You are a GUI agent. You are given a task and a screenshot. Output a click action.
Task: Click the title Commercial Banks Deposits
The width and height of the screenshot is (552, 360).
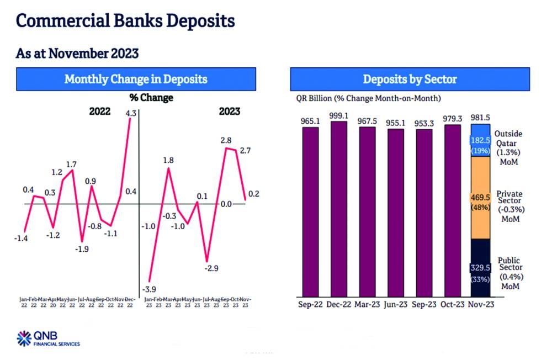[x=125, y=21]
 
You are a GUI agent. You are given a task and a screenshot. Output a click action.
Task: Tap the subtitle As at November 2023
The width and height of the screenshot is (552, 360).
[x=77, y=53]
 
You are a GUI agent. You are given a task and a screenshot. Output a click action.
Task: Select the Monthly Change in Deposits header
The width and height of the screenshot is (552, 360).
[x=136, y=79]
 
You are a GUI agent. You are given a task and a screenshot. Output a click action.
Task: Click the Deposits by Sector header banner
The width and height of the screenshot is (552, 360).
[x=410, y=79]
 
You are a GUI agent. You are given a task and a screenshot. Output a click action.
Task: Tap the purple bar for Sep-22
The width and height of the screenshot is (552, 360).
[x=311, y=213]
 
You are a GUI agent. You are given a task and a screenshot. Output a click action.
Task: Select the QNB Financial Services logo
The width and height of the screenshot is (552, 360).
[x=48, y=338]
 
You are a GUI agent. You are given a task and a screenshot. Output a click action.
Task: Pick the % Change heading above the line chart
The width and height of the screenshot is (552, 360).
[x=151, y=98]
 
